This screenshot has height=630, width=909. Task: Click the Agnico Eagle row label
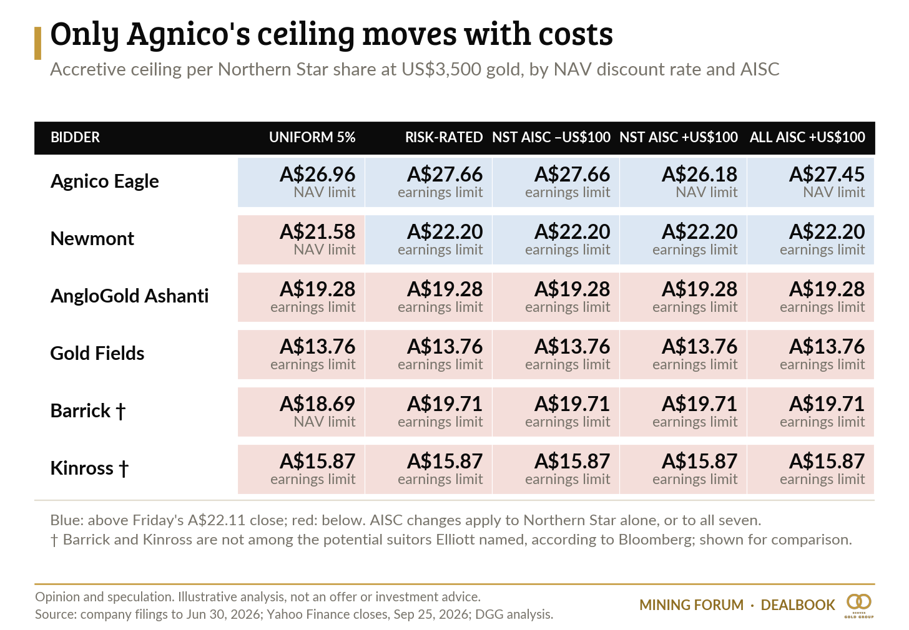coord(104,182)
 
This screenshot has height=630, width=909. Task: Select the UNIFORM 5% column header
coord(312,137)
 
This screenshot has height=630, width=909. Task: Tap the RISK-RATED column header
coord(444,137)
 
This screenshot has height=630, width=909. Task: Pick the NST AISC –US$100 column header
coord(551,137)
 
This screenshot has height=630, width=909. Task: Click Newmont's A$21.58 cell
coord(301,240)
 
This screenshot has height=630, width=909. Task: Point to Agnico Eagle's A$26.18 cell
coord(683,182)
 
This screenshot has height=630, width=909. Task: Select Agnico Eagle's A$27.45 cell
coord(810,182)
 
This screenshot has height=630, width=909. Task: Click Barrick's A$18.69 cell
coord(301,412)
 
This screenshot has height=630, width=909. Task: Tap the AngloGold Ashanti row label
coord(129,296)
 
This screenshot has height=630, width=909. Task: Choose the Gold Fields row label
coord(97,353)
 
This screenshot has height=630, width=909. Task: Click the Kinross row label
coord(89,468)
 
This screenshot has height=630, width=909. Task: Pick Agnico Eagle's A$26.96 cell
coord(301,182)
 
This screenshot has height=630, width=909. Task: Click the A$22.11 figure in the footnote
coord(216,520)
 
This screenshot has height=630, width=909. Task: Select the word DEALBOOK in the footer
coord(798,605)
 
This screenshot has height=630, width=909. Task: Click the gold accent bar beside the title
coord(37,44)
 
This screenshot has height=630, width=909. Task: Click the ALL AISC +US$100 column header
coord(807,137)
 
